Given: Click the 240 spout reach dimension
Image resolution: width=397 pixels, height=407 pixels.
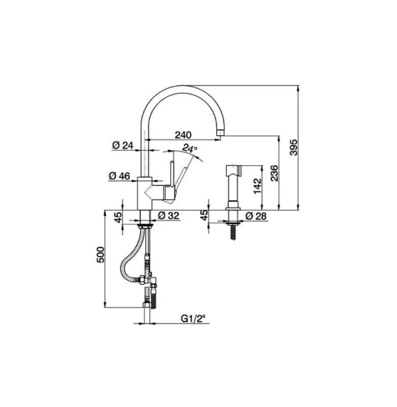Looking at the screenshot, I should [x=182, y=135].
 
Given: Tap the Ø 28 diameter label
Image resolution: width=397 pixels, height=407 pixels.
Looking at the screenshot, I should [x=256, y=216].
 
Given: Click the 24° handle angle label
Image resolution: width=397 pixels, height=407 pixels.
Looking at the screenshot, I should [x=190, y=149].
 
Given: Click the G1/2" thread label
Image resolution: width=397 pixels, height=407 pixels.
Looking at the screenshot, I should [x=195, y=319].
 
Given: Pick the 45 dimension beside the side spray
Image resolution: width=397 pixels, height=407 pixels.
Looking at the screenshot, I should [x=204, y=217].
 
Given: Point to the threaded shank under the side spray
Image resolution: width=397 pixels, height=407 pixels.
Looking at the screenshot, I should [x=234, y=229].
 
